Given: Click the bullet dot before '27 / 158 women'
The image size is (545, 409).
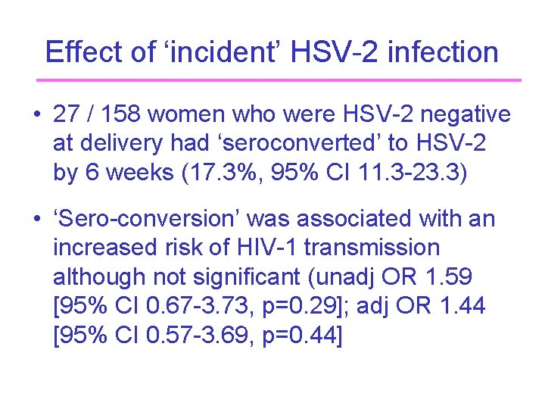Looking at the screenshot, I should [x=36, y=115].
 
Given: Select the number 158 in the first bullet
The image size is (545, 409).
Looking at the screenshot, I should [x=121, y=114].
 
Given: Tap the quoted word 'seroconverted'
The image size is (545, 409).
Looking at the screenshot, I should [x=291, y=143].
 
